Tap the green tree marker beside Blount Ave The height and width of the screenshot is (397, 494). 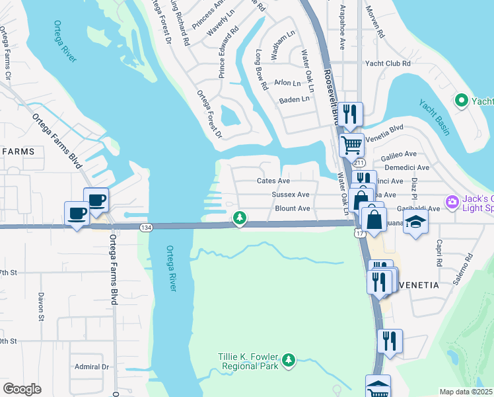click(240, 218)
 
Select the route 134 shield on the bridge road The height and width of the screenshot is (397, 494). click(146, 228)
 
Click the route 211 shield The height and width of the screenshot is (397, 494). click(359, 162)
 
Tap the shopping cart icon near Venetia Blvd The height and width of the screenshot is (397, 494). click(351, 144)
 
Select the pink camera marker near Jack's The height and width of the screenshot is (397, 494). click(452, 201)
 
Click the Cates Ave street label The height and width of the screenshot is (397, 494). click(273, 181)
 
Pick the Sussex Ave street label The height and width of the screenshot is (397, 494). click(291, 195)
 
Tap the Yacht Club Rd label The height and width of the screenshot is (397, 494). click(388, 64)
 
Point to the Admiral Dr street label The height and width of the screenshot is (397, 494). click(91, 367)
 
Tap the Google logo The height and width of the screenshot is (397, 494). click(22, 389)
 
